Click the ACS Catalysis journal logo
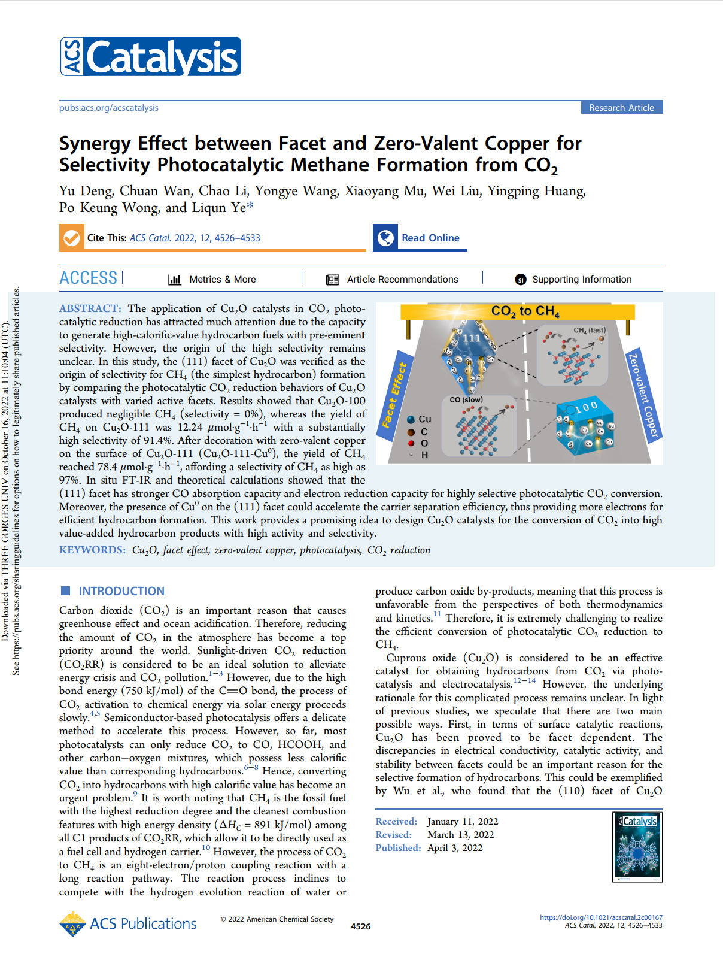(150, 56)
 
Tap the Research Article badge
(621, 108)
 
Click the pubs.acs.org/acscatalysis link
(109, 108)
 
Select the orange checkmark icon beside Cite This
(71, 238)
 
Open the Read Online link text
(430, 238)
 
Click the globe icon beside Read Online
(385, 238)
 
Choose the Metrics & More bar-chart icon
(175, 280)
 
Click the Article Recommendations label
(402, 280)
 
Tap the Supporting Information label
(582, 280)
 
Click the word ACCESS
(89, 278)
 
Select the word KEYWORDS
(92, 550)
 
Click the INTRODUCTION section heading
(121, 591)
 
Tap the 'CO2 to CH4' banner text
(525, 311)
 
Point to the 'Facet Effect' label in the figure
(395, 395)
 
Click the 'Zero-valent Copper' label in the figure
(643, 395)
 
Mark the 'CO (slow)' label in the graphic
(466, 399)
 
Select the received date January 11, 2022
(463, 822)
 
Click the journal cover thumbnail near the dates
(637, 846)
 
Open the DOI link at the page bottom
(601, 917)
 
